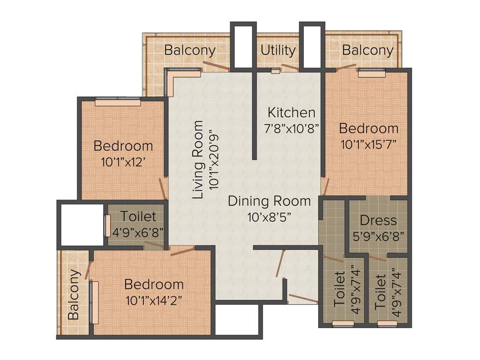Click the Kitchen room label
tap(291, 112)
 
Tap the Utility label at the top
tap(278, 50)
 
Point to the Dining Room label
tap(269, 201)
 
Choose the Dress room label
tap(378, 220)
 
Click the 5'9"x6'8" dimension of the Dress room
tap(378, 235)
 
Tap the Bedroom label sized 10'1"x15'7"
tap(368, 128)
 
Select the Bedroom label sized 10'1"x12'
tap(123, 146)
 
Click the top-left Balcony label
tap(189, 50)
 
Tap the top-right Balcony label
tap(367, 50)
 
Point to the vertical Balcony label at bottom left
tap(74, 294)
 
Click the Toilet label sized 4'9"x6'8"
tap(138, 217)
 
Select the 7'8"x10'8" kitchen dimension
tap(291, 128)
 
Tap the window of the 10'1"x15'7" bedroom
tap(372, 72)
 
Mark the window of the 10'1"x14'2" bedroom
tap(94, 302)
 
